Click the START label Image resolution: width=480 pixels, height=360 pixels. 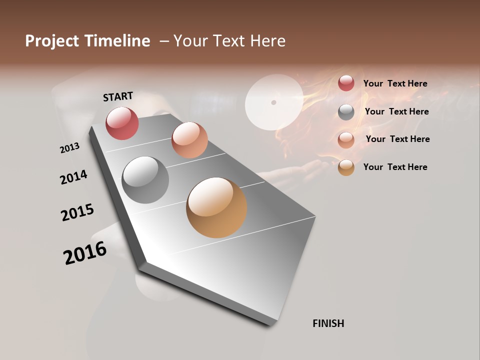tap(118, 96)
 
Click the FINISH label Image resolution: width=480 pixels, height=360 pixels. tap(328, 323)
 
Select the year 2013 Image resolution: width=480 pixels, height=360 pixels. tap(69, 148)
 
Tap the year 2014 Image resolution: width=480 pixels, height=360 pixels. tap(73, 177)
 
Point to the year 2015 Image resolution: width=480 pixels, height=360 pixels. tap(77, 212)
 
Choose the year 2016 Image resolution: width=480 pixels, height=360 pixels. tap(85, 253)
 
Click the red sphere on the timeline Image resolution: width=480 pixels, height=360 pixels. tap(122, 123)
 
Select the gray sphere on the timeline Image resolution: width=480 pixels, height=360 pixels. tap(145, 180)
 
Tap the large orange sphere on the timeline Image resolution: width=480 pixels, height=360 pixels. tap(216, 207)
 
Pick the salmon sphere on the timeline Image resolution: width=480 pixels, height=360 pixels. tap(189, 140)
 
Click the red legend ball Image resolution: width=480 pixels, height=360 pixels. tap(346, 83)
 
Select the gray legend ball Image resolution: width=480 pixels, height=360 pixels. tap(346, 112)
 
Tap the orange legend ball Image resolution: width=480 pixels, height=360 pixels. tap(346, 167)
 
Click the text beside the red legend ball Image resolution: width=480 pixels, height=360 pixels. tap(395, 83)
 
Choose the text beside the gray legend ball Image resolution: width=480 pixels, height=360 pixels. tap(396, 111)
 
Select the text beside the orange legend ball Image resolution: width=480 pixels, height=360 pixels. tap(395, 167)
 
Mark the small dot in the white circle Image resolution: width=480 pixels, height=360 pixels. tap(273, 102)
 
